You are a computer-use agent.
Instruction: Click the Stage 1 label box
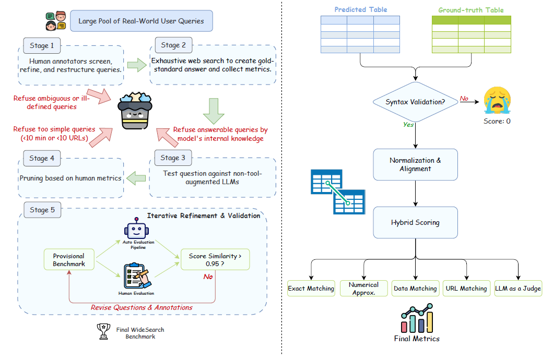click(42, 45)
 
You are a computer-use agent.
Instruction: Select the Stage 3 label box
click(173, 158)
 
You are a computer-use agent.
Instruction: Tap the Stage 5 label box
click(42, 210)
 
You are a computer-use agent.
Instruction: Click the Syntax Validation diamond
click(415, 102)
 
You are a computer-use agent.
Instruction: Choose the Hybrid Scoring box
click(415, 222)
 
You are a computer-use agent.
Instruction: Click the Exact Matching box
click(311, 288)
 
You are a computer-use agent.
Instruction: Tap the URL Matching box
click(466, 288)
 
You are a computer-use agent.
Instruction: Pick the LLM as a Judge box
click(518, 288)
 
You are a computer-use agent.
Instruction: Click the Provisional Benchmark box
click(68, 260)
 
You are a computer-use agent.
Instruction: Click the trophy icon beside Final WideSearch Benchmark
click(104, 332)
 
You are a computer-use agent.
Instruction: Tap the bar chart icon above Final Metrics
click(417, 318)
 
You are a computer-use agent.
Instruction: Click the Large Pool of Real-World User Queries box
click(141, 21)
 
